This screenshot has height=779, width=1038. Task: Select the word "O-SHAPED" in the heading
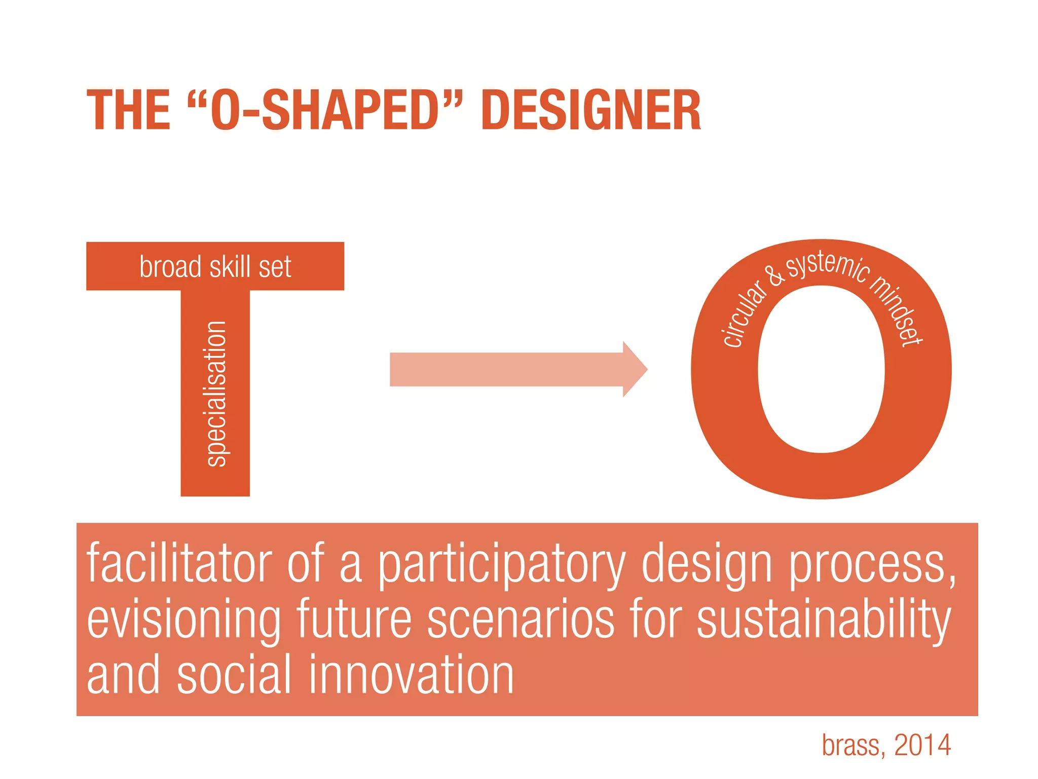[x=325, y=110]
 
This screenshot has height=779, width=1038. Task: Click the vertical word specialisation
[x=217, y=394]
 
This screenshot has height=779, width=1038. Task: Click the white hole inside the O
[x=821, y=369]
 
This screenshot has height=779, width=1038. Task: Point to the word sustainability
[x=824, y=620]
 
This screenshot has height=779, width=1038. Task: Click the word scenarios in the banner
[x=521, y=620]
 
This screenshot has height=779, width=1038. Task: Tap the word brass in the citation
[x=854, y=745]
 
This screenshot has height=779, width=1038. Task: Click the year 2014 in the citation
[x=922, y=745]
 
